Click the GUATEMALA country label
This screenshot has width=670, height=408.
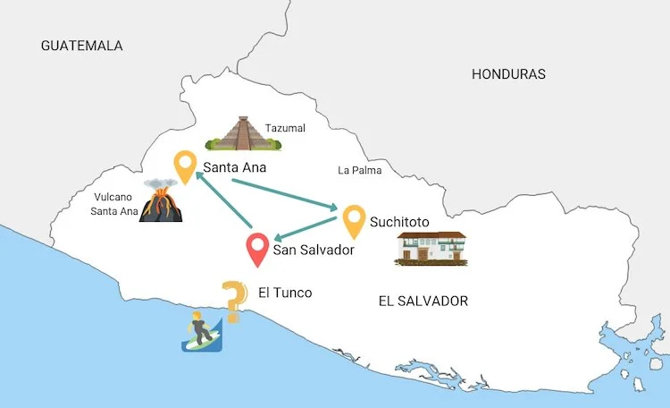tap(81, 46)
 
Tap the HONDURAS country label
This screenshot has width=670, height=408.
tap(508, 74)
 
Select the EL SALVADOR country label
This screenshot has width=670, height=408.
tap(423, 301)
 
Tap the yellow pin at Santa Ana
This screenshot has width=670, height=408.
tap(185, 167)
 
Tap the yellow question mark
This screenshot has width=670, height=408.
tap(234, 301)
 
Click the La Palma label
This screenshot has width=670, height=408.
tap(359, 170)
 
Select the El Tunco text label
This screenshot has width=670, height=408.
tap(285, 292)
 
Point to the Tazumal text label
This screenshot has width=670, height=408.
tap(285, 128)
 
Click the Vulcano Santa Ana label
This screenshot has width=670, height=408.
tap(114, 204)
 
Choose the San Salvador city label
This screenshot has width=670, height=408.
tap(314, 251)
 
